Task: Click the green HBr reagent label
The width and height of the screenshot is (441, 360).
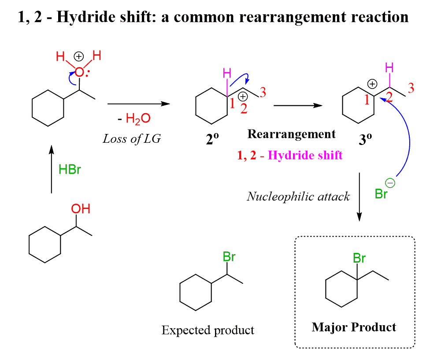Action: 70,169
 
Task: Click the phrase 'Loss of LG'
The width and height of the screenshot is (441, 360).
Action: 132,139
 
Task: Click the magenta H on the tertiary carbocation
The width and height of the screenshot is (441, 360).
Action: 389,67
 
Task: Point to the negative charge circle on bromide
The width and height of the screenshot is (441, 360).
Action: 392,183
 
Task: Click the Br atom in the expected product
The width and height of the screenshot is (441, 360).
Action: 229,257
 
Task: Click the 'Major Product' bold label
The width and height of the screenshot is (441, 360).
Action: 354,327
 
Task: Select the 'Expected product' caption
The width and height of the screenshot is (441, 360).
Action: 208,330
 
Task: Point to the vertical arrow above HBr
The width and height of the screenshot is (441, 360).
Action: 52,170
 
